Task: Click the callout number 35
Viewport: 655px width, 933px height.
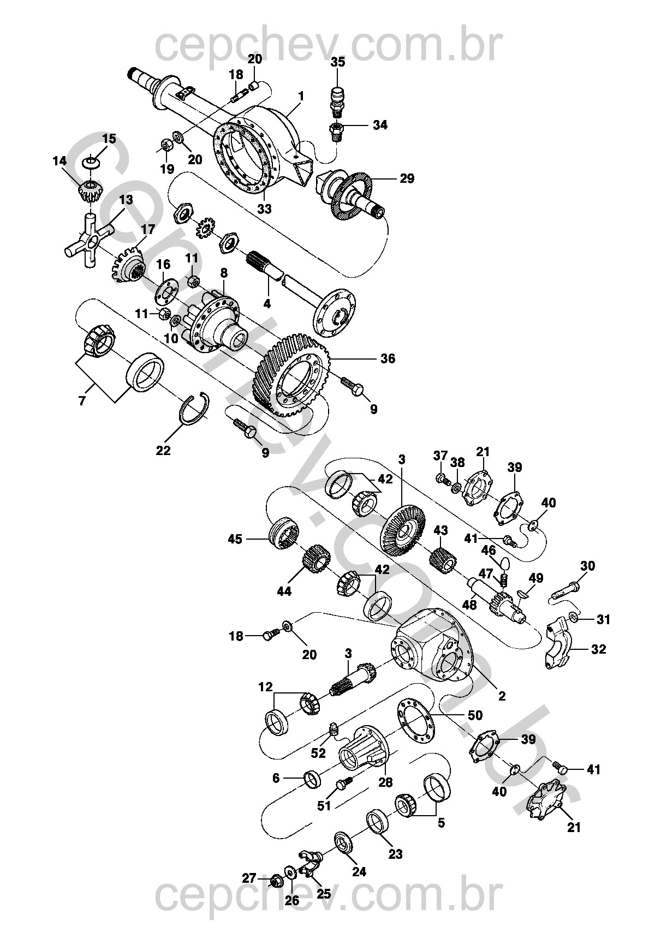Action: (x=338, y=62)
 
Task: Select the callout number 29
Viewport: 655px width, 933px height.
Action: (x=406, y=178)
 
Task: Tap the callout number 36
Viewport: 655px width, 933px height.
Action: (x=388, y=358)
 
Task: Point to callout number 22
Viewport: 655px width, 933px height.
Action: (x=163, y=451)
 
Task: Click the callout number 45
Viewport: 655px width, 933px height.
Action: (x=235, y=540)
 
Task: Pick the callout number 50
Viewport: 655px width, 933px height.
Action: (x=475, y=715)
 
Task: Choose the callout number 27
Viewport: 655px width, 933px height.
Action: (x=249, y=878)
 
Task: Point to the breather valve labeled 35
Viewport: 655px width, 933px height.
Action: (x=338, y=96)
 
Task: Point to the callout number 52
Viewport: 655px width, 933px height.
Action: (x=318, y=753)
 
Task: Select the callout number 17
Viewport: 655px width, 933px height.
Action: (x=148, y=230)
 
